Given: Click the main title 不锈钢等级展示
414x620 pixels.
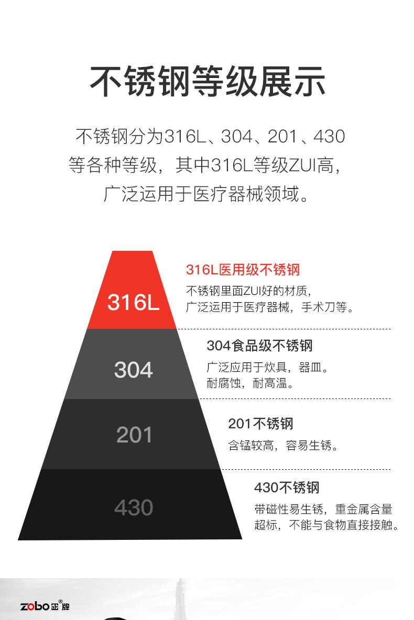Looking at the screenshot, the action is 208,82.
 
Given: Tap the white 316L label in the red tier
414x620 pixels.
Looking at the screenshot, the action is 134,303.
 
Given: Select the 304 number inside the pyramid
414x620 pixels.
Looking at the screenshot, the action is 134,370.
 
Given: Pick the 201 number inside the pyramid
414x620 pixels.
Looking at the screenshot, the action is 134,435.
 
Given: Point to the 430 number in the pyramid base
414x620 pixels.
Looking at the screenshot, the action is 134,507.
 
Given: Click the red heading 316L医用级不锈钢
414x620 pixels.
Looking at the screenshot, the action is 243,270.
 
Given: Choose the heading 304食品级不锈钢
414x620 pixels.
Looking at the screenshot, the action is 259,346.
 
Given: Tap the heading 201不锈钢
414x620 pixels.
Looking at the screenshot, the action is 260,424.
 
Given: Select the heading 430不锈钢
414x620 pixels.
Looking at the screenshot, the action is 287,487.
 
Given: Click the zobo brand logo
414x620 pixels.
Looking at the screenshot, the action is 45,606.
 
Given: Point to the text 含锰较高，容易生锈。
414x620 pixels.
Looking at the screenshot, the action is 284,446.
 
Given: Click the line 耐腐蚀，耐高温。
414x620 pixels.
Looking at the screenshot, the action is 250,383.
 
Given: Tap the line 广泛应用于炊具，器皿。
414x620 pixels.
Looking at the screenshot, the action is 268,367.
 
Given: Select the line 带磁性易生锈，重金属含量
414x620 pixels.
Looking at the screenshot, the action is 323,509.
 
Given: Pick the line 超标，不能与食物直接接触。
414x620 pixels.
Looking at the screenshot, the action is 327,525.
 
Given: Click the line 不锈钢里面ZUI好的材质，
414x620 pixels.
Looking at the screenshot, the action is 249,291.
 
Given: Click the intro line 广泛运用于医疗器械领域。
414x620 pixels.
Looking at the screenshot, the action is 206,194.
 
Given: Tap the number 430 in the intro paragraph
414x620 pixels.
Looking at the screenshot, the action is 329,137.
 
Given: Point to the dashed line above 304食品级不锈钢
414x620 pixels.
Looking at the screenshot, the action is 284,329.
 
